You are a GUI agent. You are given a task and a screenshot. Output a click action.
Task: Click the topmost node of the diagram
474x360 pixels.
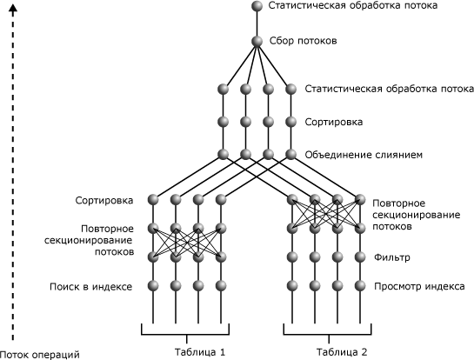coord(257,7)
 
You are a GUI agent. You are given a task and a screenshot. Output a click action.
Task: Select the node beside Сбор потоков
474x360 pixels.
coord(257,41)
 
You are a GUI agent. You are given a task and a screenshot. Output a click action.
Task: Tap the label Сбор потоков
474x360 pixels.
coord(303,41)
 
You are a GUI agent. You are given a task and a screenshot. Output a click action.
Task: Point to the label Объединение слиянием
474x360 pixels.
coord(364,156)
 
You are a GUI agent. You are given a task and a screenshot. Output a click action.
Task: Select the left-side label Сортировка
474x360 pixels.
coord(104,201)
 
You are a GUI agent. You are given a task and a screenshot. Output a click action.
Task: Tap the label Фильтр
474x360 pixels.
coord(391,258)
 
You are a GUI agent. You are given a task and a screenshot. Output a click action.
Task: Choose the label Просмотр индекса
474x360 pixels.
coord(420,286)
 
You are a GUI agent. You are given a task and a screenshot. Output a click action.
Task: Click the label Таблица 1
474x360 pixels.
coord(199,352)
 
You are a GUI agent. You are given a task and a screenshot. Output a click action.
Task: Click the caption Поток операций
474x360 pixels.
coord(40,354)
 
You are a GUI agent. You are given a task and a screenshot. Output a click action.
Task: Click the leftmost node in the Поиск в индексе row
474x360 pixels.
coord(153,285)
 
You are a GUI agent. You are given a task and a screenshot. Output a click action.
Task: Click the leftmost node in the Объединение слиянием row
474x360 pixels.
coord(223,155)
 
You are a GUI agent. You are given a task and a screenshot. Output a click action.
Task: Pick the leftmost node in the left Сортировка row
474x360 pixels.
coord(153,201)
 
